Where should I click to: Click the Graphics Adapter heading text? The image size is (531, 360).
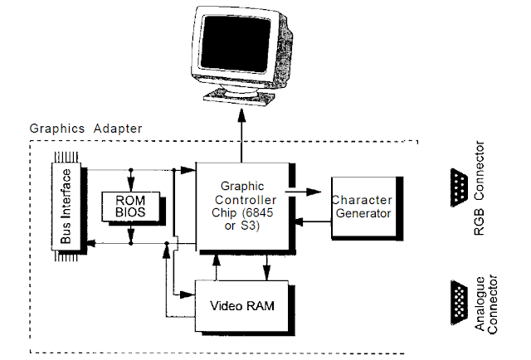(85, 129)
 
